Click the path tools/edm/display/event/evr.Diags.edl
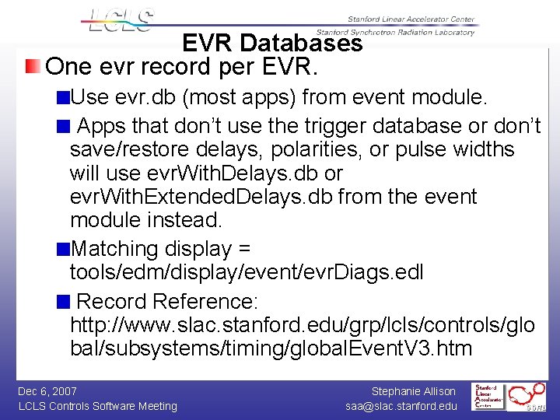point(247,273)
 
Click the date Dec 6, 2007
point(47,391)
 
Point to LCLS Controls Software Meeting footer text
point(97,406)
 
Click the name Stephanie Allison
point(414,391)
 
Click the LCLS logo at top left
point(121,20)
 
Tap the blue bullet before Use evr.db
point(63,98)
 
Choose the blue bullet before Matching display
point(63,250)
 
